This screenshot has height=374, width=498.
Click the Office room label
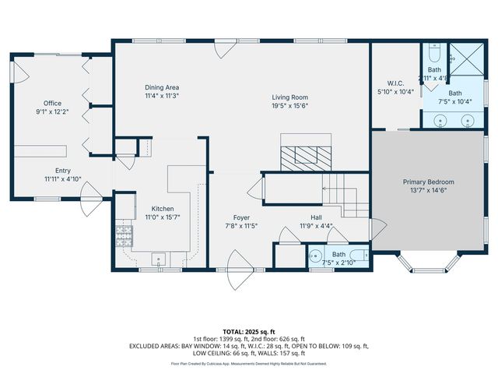pyautogui.click(x=52, y=103)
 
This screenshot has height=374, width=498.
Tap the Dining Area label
pyautogui.click(x=162, y=87)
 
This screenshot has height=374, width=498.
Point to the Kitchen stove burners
pyautogui.click(x=123, y=234)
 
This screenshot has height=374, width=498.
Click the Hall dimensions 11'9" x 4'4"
pyautogui.click(x=316, y=227)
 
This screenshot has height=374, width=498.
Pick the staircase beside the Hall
pyautogui.click(x=346, y=195)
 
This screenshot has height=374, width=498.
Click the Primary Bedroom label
pyautogui.click(x=428, y=182)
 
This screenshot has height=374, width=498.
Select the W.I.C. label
pyautogui.click(x=395, y=83)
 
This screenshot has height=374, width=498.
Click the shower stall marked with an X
pyautogui.click(x=468, y=59)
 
